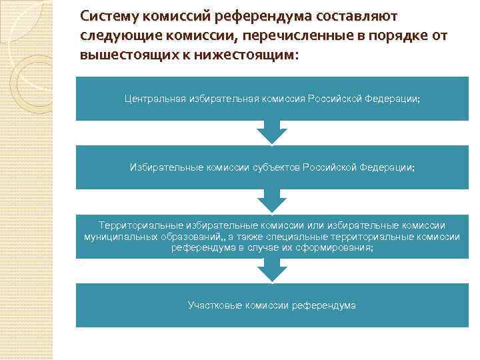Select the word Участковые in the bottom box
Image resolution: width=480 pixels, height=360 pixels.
click(215, 305)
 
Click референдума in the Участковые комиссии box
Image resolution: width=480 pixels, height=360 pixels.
click(325, 305)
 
